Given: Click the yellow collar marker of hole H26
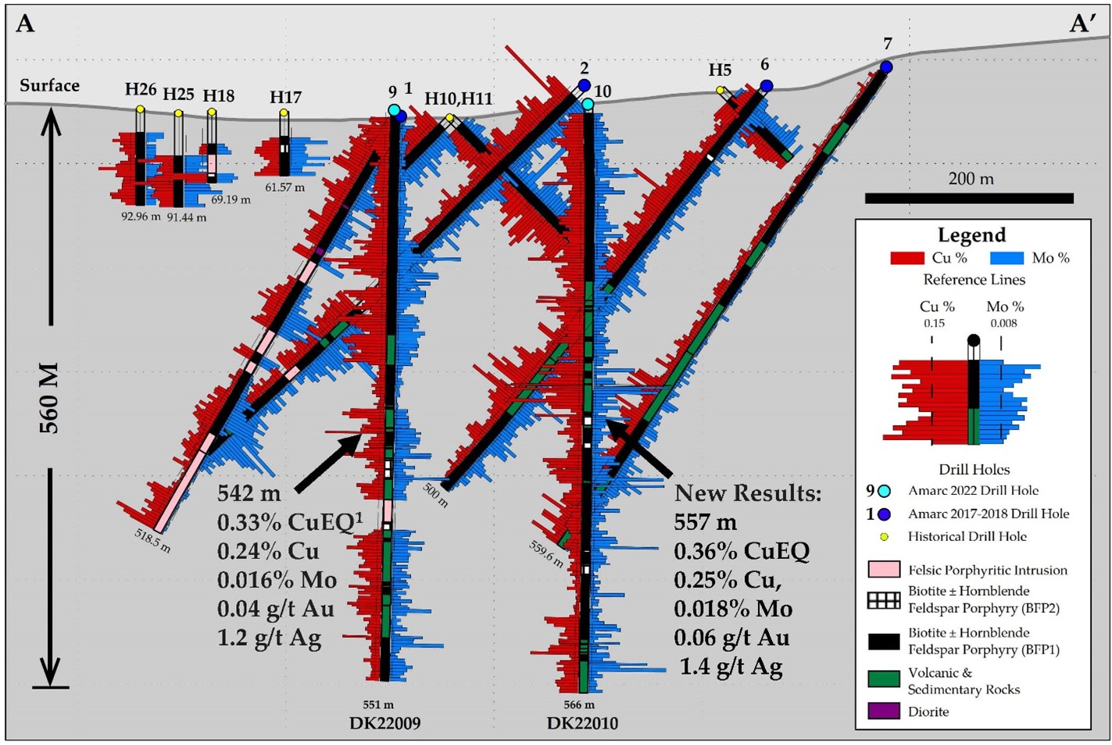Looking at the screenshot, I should tap(140, 109).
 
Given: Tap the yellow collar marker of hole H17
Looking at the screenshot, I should tap(284, 113).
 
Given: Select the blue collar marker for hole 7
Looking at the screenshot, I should tap(886, 67).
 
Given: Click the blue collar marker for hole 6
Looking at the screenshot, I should tap(767, 85).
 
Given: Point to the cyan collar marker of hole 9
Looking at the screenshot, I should tap(394, 110).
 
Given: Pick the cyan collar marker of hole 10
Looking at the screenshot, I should tap(588, 103).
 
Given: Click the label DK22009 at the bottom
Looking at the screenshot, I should tap(384, 723).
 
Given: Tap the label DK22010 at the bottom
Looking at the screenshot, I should tap(582, 723).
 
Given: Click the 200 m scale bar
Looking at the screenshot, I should tap(969, 198).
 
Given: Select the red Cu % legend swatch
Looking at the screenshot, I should tap(906, 258).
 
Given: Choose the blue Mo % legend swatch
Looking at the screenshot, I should tap(1007, 258).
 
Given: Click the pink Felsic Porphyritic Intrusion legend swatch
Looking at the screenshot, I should tap(884, 570).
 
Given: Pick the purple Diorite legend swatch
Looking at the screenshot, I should tap(884, 711).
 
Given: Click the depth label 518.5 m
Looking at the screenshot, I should tap(152, 539).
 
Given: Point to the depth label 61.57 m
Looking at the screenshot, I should tap(284, 188).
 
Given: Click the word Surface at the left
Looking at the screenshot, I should tap(49, 85).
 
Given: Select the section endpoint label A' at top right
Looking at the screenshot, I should tap(1082, 24).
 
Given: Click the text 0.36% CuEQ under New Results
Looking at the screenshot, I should tap(741, 551).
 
